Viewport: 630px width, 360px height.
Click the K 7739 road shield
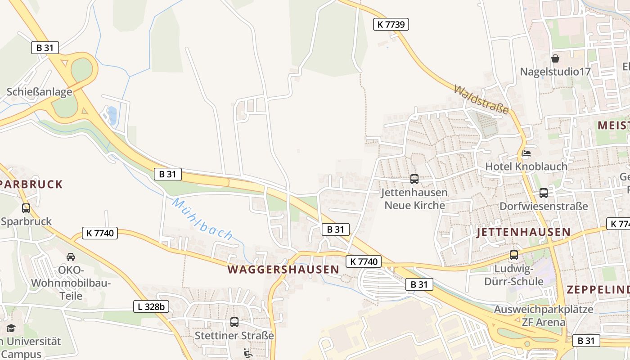point(391,24)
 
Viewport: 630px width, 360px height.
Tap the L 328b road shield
point(151,307)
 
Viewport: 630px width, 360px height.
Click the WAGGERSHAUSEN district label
point(283,270)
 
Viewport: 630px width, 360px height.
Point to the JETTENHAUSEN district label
point(523,232)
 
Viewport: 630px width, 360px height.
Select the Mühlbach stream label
point(202,219)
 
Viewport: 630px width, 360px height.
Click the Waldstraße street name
point(481,99)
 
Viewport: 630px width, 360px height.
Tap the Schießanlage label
point(39,92)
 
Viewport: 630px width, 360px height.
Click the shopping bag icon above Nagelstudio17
point(555,58)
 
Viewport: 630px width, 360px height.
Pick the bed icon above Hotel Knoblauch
point(526,153)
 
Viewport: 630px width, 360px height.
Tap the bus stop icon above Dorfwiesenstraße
point(544,193)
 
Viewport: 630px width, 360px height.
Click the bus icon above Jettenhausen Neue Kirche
point(414,179)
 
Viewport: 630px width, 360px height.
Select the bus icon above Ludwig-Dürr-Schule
point(513,255)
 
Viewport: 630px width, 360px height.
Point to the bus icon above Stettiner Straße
point(234,322)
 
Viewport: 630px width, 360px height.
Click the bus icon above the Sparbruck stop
point(26,208)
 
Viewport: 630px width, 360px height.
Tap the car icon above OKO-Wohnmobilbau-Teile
point(71,257)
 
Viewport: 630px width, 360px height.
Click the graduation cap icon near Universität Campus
point(11,328)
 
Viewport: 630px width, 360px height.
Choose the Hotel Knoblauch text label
point(526,166)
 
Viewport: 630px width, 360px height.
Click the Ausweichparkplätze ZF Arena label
point(544,315)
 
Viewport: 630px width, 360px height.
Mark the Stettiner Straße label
point(234,336)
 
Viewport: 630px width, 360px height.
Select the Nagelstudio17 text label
point(555,72)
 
